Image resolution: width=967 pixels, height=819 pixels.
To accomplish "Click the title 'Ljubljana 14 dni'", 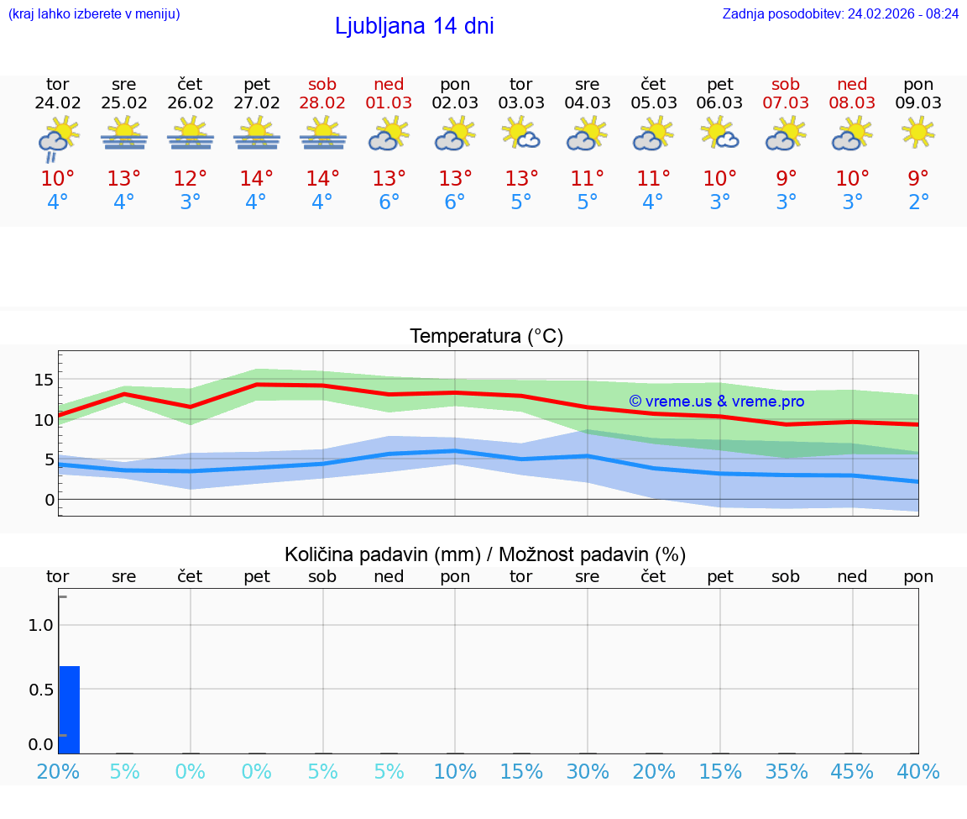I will click(414, 26).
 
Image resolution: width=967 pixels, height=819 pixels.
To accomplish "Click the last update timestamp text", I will click(840, 13).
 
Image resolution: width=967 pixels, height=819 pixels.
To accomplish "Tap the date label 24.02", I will click(58, 103).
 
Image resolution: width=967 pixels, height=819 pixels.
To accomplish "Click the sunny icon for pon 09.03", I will click(918, 132).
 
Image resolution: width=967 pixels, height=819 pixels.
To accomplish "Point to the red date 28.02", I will click(322, 103).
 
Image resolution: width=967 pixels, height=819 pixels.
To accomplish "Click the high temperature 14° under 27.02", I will click(256, 179).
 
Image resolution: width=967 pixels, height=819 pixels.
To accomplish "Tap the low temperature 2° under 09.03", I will click(918, 202).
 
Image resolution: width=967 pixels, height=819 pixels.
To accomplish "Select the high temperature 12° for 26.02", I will click(190, 179).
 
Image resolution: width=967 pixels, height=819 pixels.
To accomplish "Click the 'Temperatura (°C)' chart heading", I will click(486, 337).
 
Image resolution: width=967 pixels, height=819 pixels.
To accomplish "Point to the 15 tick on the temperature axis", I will click(43, 380).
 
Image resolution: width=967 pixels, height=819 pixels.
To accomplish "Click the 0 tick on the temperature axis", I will click(49, 500).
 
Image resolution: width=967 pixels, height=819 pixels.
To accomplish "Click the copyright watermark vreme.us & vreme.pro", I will click(716, 402).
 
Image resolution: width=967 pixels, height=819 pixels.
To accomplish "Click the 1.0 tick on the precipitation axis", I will click(41, 625).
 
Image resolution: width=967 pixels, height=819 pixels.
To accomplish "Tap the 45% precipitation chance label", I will click(852, 772).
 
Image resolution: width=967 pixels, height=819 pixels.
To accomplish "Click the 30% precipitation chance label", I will click(587, 772).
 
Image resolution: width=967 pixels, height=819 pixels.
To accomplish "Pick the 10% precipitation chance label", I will click(455, 772).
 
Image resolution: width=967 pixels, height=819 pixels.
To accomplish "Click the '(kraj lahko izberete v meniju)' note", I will click(94, 13).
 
